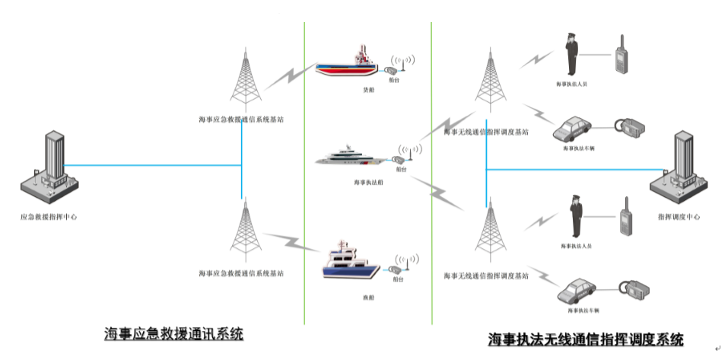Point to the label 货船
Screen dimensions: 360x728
pyautogui.click(x=368, y=90)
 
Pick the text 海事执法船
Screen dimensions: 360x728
pyautogui.click(x=367, y=183)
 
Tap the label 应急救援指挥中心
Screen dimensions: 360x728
pyautogui.click(x=48, y=217)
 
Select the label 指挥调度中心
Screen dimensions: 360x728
pyautogui.click(x=679, y=217)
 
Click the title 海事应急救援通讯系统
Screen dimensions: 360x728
pyautogui.click(x=174, y=334)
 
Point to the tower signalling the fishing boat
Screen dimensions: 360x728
pyautogui.click(x=244, y=228)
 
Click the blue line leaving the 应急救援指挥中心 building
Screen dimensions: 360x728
pyautogui.click(x=152, y=164)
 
